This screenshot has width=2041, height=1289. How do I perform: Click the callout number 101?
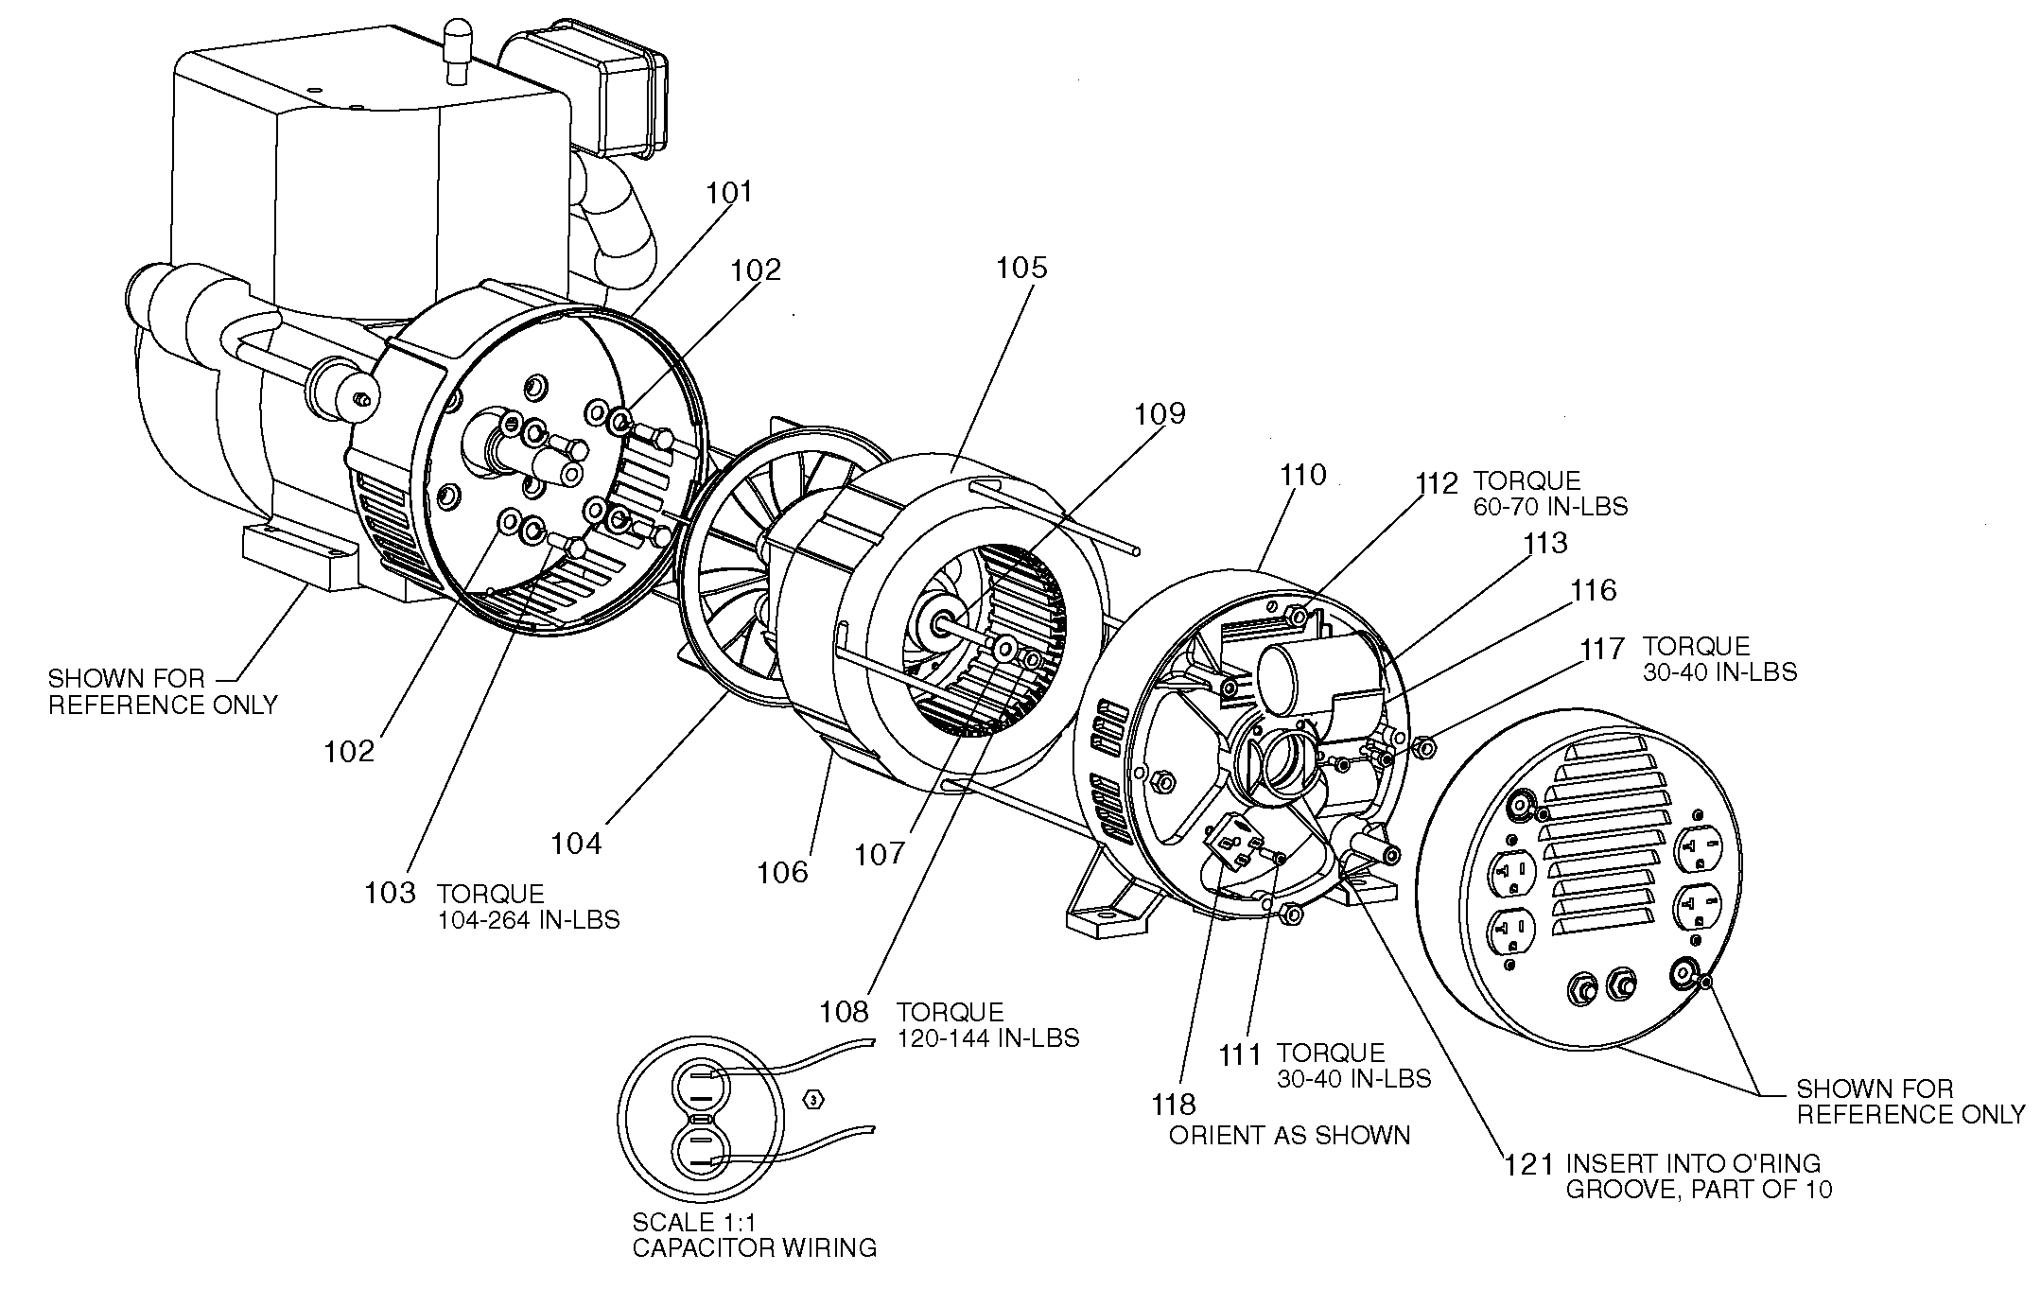(729, 192)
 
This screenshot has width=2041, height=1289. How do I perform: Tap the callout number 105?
(1021, 268)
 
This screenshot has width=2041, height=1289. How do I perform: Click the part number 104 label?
(576, 843)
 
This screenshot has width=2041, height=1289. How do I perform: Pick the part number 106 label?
(782, 872)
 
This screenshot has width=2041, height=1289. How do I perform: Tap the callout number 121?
(1529, 1163)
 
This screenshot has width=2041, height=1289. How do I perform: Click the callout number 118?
(1173, 1104)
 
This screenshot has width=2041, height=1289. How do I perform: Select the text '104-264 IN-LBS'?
(528, 920)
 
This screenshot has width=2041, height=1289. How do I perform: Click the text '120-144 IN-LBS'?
(987, 1038)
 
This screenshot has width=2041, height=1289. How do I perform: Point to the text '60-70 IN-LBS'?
(1550, 507)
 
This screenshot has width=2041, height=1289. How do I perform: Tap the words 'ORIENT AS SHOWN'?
(1289, 1135)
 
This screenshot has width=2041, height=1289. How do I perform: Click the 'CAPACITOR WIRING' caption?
(754, 1248)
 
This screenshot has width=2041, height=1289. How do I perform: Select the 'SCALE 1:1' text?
(688, 1223)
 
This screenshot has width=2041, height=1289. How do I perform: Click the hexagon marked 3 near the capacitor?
(813, 1099)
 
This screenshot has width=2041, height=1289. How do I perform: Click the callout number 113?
(1544, 543)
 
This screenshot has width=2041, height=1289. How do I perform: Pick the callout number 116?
(1593, 590)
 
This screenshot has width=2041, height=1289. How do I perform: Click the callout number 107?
(880, 854)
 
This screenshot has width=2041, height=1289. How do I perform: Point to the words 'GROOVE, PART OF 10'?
(1699, 1189)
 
